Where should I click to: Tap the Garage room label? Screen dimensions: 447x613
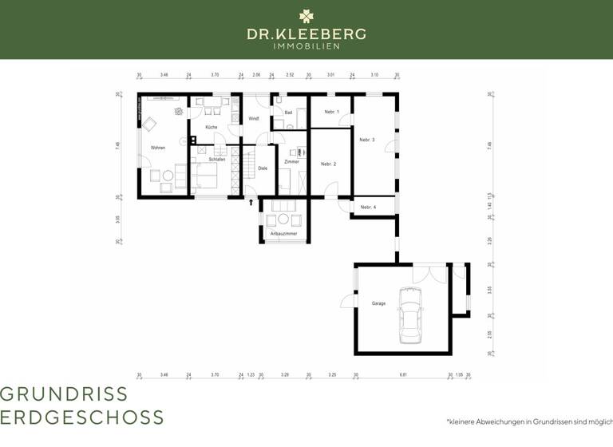click(x=378, y=303)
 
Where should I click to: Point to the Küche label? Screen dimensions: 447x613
click(x=211, y=127)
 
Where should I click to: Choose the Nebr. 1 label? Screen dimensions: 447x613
click(x=331, y=112)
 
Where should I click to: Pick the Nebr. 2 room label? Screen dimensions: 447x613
click(x=328, y=164)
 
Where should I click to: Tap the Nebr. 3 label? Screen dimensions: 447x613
click(x=367, y=140)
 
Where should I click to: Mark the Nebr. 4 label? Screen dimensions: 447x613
click(x=368, y=208)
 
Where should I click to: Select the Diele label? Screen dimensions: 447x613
click(x=263, y=168)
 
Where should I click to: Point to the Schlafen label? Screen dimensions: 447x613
click(x=217, y=160)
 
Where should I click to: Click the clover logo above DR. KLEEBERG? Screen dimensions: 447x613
click(x=306, y=16)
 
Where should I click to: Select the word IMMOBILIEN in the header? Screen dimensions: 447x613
click(x=306, y=46)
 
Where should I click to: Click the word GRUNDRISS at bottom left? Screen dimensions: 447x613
click(x=64, y=394)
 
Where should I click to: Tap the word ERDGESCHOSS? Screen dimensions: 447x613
click(x=82, y=417)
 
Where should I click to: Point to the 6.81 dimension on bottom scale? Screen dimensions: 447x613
click(x=404, y=374)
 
